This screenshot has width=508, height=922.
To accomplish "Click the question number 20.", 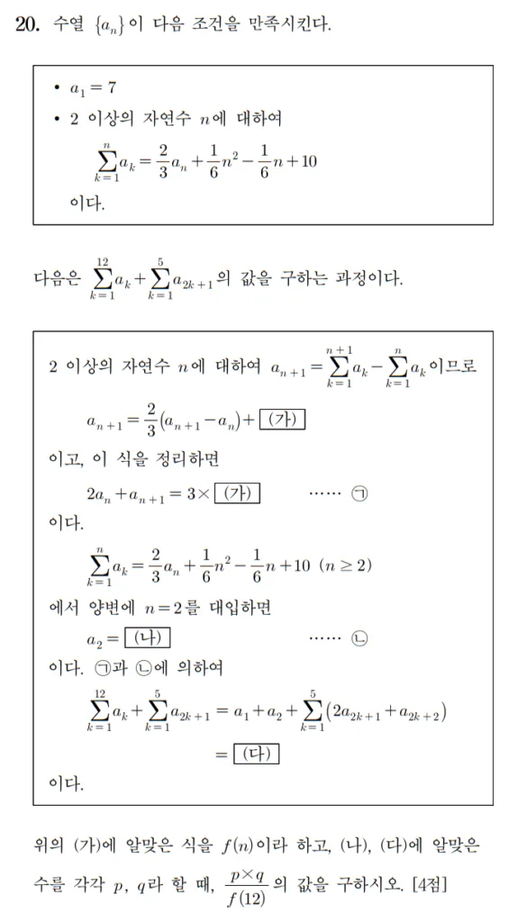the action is [28, 24].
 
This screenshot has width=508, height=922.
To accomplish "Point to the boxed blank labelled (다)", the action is [256, 754].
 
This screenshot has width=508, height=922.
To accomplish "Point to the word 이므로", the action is [449, 366].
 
